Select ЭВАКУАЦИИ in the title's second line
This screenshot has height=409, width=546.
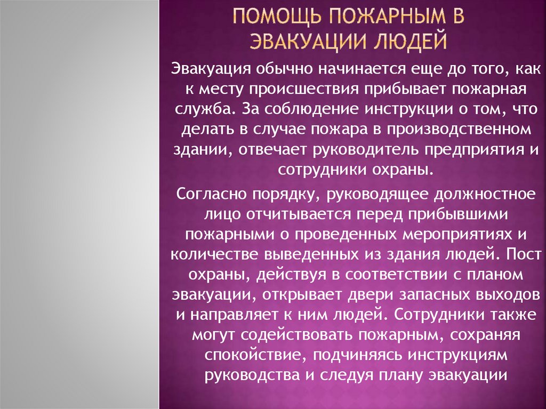click(x=310, y=41)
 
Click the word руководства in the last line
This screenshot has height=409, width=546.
click(x=249, y=375)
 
